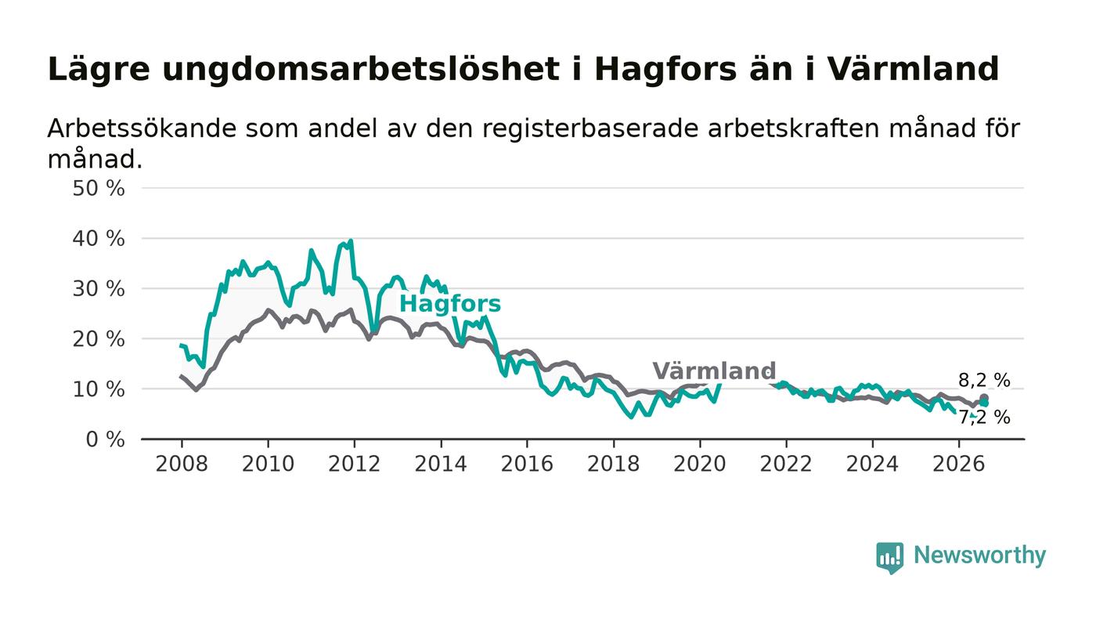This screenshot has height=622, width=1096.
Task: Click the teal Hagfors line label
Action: [x=450, y=304]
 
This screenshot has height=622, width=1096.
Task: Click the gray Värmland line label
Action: [x=714, y=371]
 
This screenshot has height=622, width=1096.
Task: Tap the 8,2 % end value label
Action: [x=984, y=380]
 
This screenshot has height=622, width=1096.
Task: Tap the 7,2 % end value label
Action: [x=984, y=418]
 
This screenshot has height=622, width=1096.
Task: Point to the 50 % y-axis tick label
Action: [x=99, y=189]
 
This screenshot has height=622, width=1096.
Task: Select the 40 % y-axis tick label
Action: [x=99, y=239]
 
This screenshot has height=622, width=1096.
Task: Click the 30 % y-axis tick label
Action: [x=99, y=289]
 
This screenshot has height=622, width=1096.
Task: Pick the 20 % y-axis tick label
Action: [x=99, y=339]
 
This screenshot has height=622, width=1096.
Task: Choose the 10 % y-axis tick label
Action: [x=99, y=390]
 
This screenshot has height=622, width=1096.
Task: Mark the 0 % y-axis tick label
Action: [x=105, y=439]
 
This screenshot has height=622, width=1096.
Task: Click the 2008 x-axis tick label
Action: [x=182, y=464]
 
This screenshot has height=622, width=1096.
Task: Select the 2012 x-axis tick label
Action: [x=354, y=464]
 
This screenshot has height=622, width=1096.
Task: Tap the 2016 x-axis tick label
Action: [x=527, y=464]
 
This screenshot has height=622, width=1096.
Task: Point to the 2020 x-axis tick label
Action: [x=700, y=464]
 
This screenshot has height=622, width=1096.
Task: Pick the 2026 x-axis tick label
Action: [x=958, y=464]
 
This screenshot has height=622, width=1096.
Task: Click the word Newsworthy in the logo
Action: [x=980, y=555]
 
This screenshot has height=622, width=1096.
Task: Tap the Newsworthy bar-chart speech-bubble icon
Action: [x=889, y=558]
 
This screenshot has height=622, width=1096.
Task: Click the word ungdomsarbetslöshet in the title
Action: [x=361, y=70]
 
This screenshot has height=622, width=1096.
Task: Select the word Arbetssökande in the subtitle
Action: [x=142, y=128]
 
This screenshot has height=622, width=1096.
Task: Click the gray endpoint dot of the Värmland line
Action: [x=984, y=398]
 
